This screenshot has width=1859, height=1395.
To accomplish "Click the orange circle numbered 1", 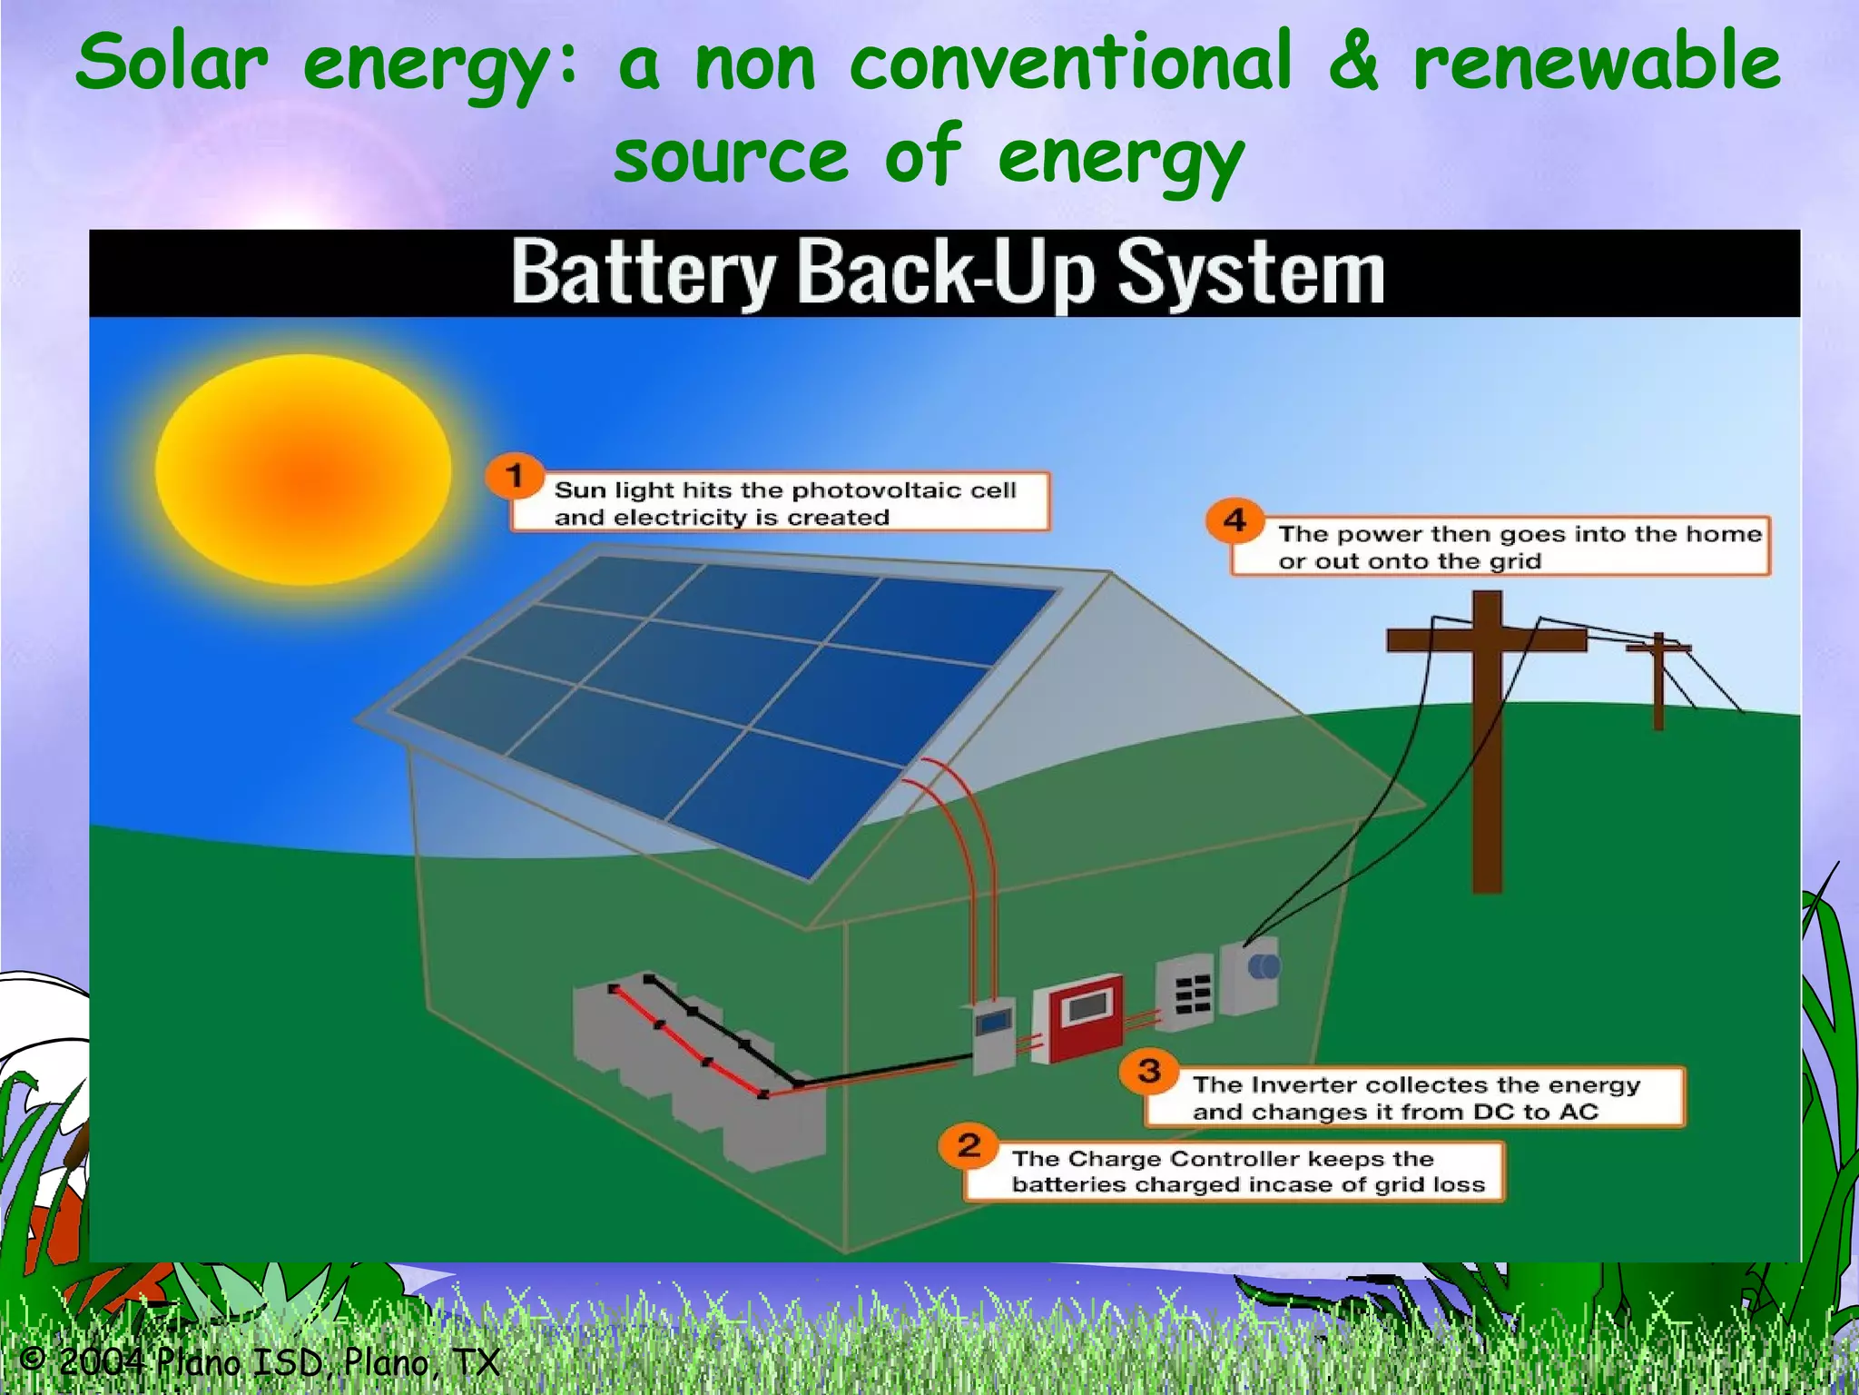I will coord(515,476).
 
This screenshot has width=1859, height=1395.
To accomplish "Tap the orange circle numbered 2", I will coord(969,1145).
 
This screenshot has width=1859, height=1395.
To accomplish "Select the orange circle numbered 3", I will coord(1149,1071).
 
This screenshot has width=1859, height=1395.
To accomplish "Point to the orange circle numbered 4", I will coord(1235,520).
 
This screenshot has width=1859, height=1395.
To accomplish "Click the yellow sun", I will coord(303,470).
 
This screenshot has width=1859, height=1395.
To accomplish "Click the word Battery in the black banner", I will coord(644,272).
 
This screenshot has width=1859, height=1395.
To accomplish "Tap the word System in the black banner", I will coord(1251,273).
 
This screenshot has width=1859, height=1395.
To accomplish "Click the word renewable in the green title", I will coord(1597,62).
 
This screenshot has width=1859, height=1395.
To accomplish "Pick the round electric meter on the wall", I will coord(1263,966).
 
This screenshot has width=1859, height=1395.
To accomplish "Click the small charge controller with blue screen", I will coord(994,1034).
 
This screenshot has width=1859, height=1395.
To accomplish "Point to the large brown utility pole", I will coord(1487,727).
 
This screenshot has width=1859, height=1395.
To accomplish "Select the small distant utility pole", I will coord(1658,681).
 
